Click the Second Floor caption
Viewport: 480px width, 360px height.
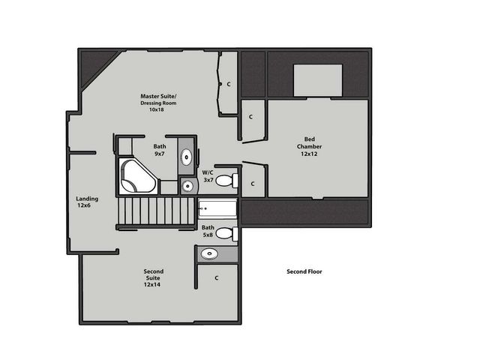[304, 271]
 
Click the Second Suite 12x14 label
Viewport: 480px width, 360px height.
[153, 277]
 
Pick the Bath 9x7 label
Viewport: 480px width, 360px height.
[160, 150]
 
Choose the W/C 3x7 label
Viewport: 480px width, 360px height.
[208, 176]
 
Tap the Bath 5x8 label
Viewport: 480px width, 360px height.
[208, 231]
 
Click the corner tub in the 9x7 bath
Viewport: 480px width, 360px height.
[137, 176]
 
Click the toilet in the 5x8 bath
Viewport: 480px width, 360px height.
[233, 235]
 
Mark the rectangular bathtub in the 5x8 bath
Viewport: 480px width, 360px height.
[217, 209]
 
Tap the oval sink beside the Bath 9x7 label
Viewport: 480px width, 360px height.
[187, 157]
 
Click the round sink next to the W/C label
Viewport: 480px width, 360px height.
[187, 186]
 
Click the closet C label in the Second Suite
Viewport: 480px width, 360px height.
[216, 278]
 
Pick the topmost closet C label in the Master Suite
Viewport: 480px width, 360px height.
[228, 84]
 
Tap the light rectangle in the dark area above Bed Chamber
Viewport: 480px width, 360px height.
[318, 80]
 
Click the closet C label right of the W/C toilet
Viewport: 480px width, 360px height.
[253, 184]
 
